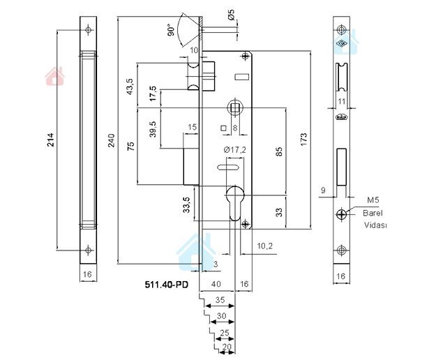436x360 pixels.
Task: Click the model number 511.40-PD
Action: click(166, 285)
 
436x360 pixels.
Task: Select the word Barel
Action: click(373, 213)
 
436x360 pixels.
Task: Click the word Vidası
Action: click(375, 225)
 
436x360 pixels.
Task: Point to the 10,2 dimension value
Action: click(264, 246)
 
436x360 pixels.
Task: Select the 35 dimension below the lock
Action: click(220, 301)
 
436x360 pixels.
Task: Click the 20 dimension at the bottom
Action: click(226, 346)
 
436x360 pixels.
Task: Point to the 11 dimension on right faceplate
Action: click(341, 101)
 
